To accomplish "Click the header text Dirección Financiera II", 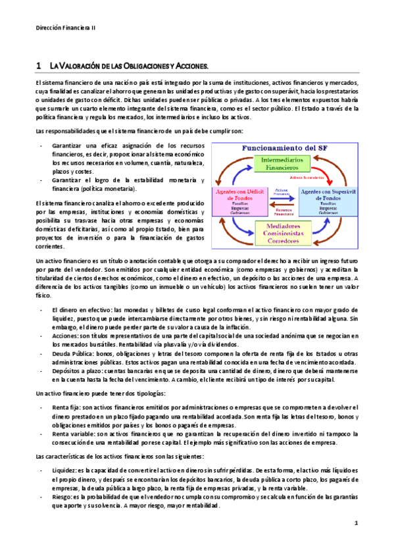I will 65,28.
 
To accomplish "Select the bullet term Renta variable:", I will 77,435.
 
